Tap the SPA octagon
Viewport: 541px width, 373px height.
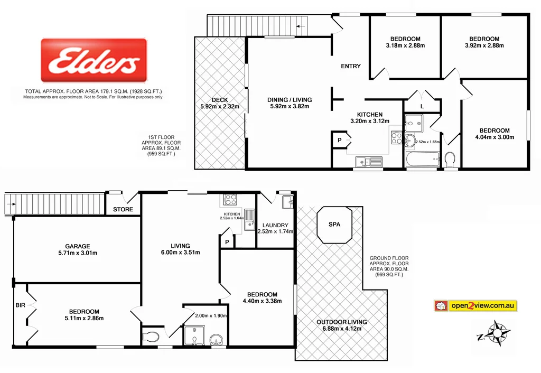pos(334,224)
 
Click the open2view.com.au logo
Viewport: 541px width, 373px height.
pos(475,305)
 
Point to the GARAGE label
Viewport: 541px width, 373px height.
pos(78,246)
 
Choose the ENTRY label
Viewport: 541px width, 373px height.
pos(351,66)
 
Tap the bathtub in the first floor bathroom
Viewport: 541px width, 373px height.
pos(422,158)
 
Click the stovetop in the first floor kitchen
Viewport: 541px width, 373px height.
pos(396,138)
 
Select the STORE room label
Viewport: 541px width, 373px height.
pos(123,210)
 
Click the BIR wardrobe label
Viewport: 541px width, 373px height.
pos(20,305)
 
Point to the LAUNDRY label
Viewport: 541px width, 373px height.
pos(275,225)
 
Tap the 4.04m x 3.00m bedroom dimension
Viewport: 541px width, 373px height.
pos(495,137)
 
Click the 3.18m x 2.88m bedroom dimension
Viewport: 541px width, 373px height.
pos(405,45)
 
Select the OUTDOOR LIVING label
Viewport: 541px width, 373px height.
pos(341,322)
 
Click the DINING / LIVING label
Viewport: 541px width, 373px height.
pos(290,99)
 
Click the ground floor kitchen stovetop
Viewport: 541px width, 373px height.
pos(230,200)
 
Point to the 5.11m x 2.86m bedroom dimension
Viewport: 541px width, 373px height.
pos(83,318)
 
